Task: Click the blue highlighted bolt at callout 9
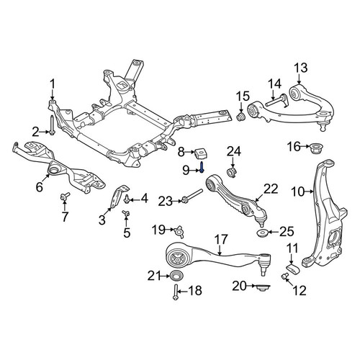pos(202,167)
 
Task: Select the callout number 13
pos(301,68)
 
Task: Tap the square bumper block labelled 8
pos(201,153)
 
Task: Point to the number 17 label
pos(220,239)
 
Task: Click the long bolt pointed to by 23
pos(192,196)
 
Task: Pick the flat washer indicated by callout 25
pos(262,233)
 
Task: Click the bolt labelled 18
pos(176,292)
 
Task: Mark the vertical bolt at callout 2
pos(52,125)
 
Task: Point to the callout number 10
pos(298,192)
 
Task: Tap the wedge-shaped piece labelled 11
pos(293,269)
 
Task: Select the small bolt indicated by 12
pos(284,276)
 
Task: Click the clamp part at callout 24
pos(231,173)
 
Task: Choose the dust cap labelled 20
pos(263,287)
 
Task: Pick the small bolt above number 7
pos(65,196)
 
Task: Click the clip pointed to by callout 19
pos(179,231)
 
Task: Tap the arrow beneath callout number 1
pos(53,94)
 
